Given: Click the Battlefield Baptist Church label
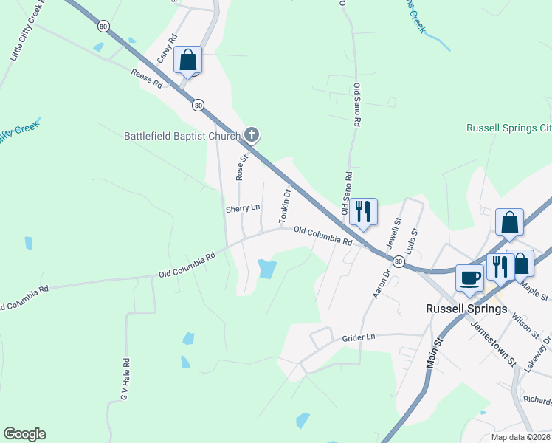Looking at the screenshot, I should [x=182, y=136].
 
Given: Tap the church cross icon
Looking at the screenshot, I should [x=252, y=134].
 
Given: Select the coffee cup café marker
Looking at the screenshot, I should [x=470, y=278].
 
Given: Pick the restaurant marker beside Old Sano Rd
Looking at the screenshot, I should [x=363, y=210].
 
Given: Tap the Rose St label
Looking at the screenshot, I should [x=241, y=168].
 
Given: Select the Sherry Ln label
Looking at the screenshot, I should [x=244, y=209].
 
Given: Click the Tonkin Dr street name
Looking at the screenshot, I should [x=284, y=205].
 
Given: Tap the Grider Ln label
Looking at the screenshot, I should [x=359, y=337].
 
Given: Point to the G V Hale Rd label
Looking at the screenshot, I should [x=125, y=380].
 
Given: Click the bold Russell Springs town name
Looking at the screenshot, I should [x=467, y=309].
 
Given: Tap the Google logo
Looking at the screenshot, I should [x=24, y=434].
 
